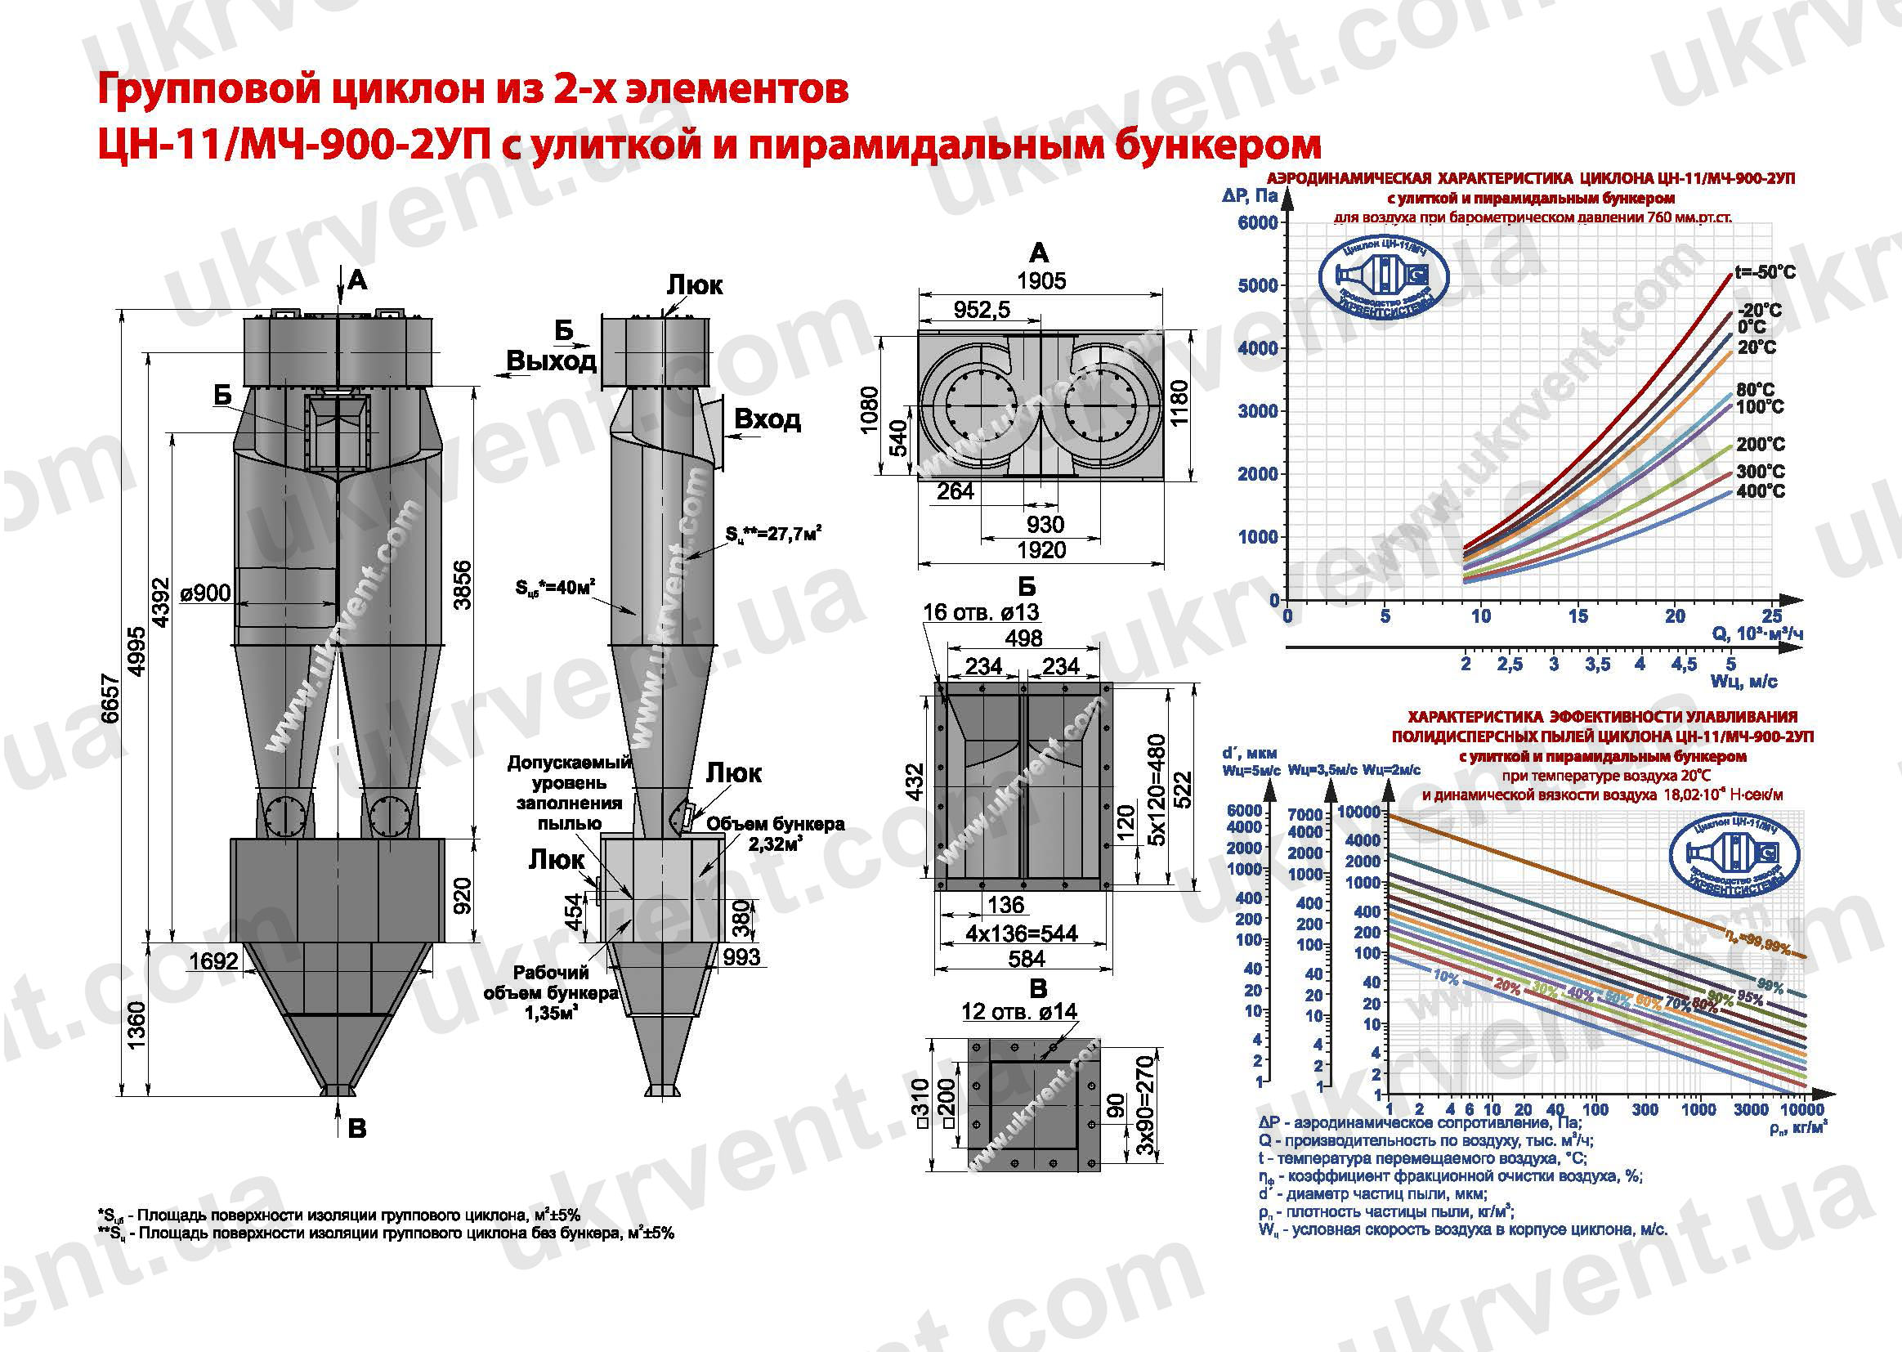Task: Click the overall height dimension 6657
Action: point(111,700)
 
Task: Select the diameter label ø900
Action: point(205,593)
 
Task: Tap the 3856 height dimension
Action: point(463,585)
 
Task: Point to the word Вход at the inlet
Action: point(767,419)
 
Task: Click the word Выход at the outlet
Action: point(551,361)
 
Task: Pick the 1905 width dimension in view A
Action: point(1041,281)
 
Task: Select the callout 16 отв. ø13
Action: point(981,613)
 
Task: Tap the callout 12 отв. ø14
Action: point(1018,1011)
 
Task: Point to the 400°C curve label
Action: point(1761,491)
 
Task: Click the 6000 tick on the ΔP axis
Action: point(1257,222)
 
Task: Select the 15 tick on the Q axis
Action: point(1578,617)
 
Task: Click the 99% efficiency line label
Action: point(1770,987)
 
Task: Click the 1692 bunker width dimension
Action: point(213,960)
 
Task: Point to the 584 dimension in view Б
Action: point(1027,959)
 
